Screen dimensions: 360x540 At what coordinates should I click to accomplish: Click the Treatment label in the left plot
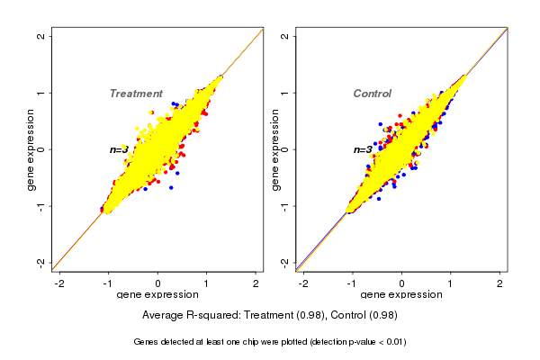coord(136,94)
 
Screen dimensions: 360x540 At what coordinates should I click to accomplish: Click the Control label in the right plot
coord(373,94)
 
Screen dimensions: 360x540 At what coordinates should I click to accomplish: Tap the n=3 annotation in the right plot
coord(363,149)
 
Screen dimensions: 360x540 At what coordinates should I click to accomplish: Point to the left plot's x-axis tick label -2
coord(60,283)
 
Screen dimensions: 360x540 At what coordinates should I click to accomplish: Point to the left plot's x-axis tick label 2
coord(256,283)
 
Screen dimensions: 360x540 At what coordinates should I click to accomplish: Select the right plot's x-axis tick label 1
coord(451,283)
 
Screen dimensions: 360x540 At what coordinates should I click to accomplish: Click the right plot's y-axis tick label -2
coord(284,262)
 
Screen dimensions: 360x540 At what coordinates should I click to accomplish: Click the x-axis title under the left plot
coord(157,295)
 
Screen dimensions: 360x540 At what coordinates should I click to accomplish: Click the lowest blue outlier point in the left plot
coord(170,189)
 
